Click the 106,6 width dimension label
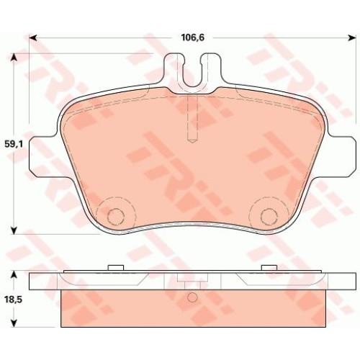(192, 37)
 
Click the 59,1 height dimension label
(14, 144)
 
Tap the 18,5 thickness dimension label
(14, 300)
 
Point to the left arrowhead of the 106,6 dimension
(33, 37)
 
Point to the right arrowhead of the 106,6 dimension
(352, 37)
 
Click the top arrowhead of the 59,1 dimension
(14, 57)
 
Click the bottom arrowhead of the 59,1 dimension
(14, 230)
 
